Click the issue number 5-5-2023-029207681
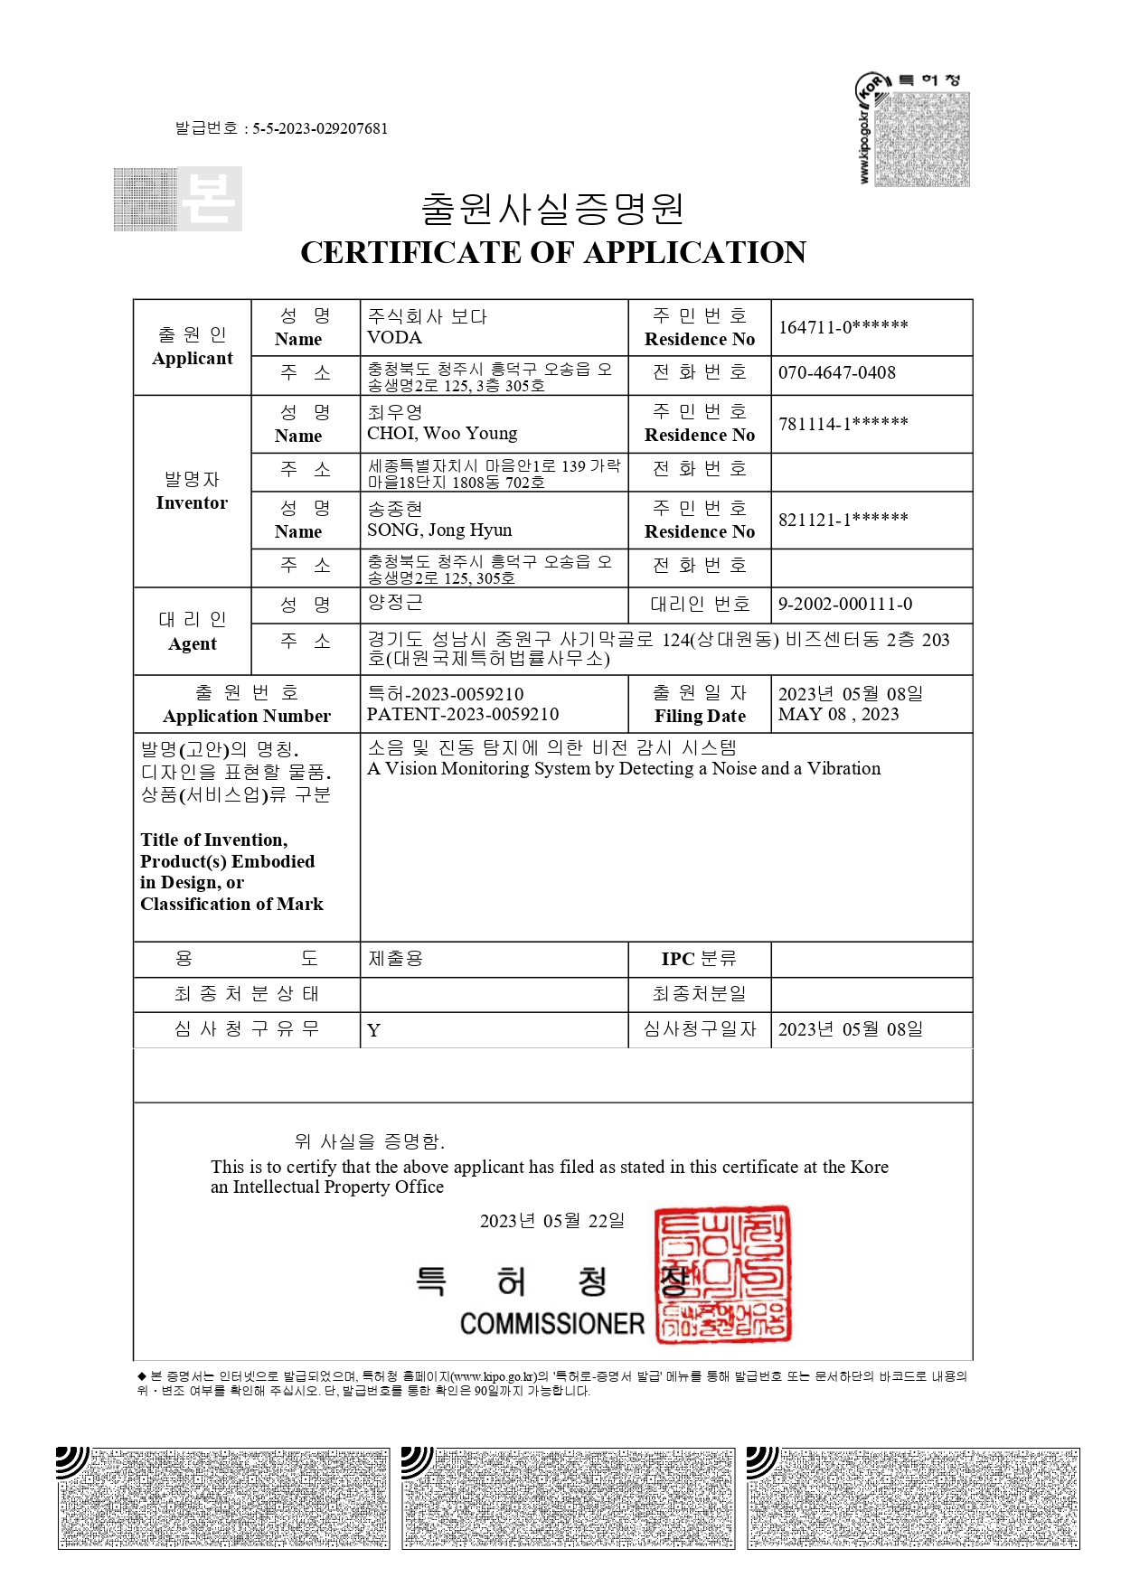click(319, 128)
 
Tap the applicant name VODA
click(394, 338)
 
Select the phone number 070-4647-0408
click(836, 372)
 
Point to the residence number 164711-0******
click(843, 327)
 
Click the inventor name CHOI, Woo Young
click(442, 434)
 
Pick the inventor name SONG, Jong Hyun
click(439, 530)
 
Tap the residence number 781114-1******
click(843, 424)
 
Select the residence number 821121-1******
click(843, 520)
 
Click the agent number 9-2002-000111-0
click(844, 605)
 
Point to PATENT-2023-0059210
click(463, 715)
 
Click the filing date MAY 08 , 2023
click(838, 715)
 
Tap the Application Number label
click(246, 717)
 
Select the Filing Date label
click(700, 717)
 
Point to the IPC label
click(678, 959)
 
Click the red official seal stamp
click(722, 1274)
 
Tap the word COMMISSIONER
click(551, 1324)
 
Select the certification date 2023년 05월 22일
click(551, 1221)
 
